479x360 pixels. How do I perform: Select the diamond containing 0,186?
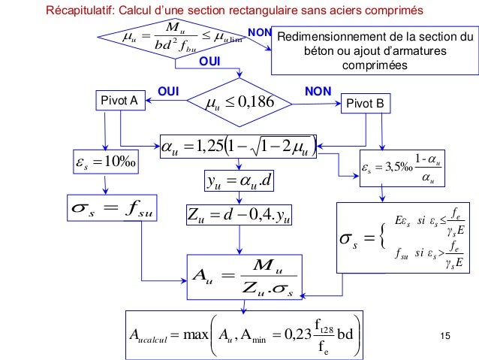coord(238,101)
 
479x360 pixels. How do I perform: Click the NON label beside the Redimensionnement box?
coord(259,34)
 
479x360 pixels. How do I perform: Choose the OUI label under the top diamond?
coord(210,60)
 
